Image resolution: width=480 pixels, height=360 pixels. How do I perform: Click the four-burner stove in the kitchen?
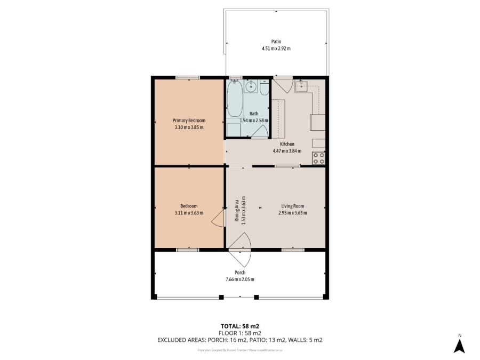tap(319, 157)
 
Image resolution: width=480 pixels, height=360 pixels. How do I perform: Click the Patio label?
tap(276, 42)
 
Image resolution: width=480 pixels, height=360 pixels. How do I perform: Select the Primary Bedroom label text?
tap(189, 121)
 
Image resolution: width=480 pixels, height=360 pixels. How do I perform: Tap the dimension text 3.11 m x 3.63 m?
tap(189, 213)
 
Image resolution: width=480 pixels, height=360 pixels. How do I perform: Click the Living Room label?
tap(293, 206)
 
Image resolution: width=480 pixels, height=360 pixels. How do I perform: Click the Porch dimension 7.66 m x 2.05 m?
tap(239, 279)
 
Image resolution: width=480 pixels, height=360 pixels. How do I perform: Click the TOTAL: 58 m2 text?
tap(239, 325)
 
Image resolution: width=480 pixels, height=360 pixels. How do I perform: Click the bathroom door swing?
tap(259, 133)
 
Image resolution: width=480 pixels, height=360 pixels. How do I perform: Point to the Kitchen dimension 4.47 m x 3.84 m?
tap(287, 151)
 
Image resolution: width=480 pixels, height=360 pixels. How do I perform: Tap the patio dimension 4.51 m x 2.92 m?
tap(276, 49)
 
